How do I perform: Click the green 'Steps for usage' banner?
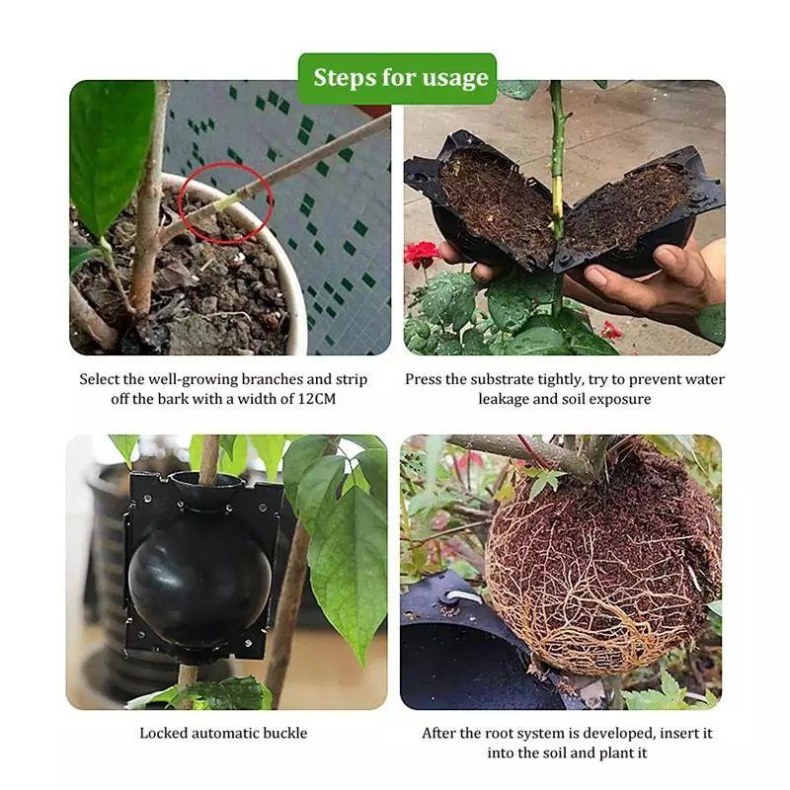point(397,78)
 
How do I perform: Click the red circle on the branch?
point(228,203)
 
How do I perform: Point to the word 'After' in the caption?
point(442,733)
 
